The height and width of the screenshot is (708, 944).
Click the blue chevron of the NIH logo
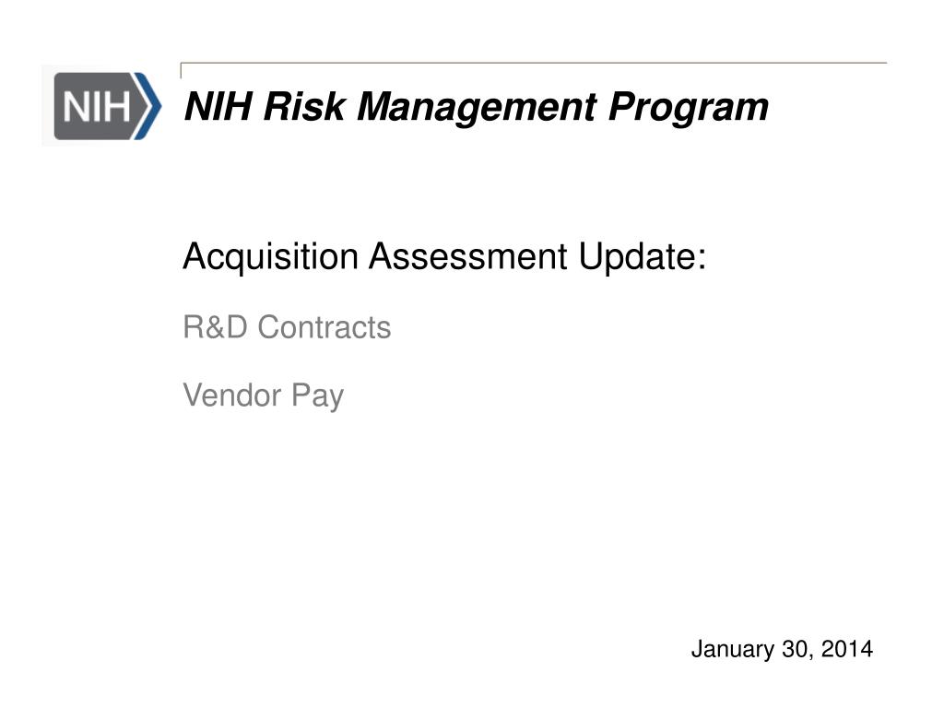pos(148,105)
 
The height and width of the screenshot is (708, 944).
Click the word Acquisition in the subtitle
pos(271,257)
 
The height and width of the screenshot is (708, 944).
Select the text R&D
pos(216,327)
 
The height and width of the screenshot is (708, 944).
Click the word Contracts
pos(324,327)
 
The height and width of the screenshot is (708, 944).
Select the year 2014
pos(846,650)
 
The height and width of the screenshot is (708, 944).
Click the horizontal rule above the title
pos(535,64)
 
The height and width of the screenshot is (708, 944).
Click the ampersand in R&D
pos(216,327)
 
